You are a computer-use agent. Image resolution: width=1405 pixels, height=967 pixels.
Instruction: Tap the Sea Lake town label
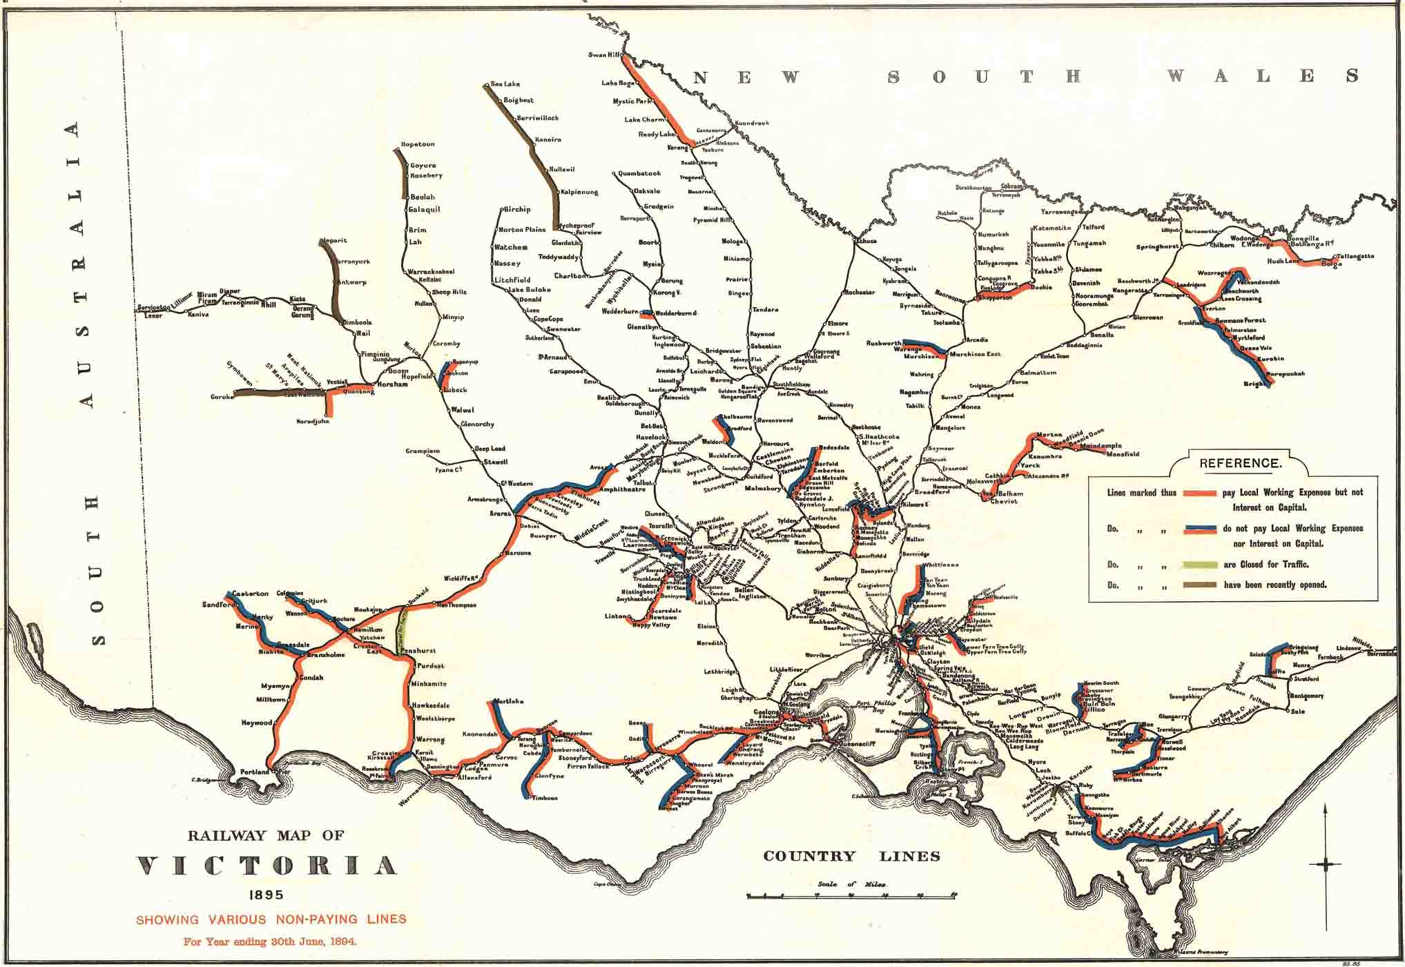505,84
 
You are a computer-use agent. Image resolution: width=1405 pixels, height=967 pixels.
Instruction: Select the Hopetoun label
418,144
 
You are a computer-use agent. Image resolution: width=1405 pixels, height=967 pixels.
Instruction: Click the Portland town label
254,772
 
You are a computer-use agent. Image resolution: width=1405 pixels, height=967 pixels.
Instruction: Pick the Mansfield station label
1123,454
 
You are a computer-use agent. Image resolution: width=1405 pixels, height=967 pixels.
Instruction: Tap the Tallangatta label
1355,256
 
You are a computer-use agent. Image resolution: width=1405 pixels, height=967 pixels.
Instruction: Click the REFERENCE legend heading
1240,463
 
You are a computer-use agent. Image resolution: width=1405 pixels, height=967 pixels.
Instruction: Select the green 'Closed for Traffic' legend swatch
1199,565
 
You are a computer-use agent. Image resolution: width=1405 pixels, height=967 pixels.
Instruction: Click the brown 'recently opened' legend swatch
1199,585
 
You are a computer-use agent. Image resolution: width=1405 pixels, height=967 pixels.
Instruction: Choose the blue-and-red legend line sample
1199,529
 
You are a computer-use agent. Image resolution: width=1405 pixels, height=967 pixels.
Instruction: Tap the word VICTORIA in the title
267,866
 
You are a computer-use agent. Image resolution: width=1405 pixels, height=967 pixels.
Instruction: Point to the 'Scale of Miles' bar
851,896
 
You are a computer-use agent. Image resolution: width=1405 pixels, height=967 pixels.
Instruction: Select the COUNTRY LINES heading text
851,857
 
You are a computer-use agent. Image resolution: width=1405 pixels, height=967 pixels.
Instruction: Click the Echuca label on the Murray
866,241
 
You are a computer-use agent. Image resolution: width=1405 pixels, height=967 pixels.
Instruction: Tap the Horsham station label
392,384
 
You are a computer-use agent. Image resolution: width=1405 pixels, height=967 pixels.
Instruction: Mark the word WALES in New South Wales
1263,76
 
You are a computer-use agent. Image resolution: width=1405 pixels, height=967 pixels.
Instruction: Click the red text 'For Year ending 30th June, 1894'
270,941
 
